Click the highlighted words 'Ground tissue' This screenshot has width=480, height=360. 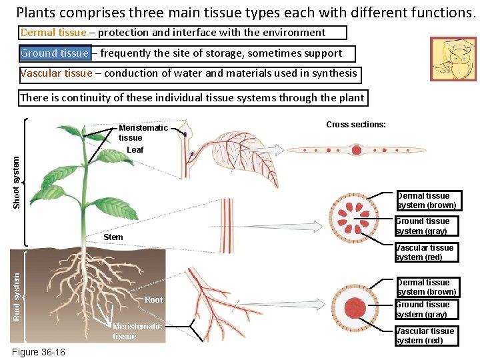(x=55, y=53)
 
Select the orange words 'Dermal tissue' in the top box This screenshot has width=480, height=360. (x=53, y=32)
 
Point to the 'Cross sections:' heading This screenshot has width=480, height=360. (x=356, y=125)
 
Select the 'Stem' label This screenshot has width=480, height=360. (x=113, y=237)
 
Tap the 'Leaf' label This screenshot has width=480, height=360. (x=135, y=150)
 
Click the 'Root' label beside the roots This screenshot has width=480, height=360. (x=153, y=300)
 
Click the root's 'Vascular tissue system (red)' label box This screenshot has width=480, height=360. (x=425, y=336)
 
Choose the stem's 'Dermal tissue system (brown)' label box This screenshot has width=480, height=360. (x=426, y=201)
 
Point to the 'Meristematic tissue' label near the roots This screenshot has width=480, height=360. (x=137, y=331)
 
